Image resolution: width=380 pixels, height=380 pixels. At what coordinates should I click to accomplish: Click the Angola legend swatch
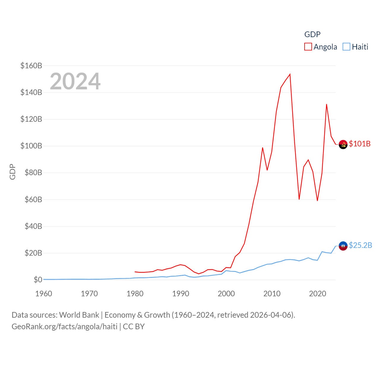pyautogui.click(x=308, y=47)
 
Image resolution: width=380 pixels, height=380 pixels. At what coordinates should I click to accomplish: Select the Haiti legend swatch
pyautogui.click(x=346, y=47)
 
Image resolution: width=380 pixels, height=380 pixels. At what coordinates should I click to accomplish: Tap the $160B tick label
pyautogui.click(x=31, y=66)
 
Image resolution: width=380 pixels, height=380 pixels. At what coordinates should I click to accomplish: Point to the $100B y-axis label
pyautogui.click(x=31, y=146)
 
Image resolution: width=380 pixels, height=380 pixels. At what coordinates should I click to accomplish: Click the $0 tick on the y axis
pyautogui.click(x=38, y=280)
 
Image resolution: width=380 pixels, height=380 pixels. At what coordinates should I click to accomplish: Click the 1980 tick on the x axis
pyautogui.click(x=135, y=294)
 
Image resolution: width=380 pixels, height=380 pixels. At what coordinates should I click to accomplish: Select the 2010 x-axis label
pyautogui.click(x=272, y=294)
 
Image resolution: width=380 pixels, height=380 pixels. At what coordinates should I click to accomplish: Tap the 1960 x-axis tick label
pyautogui.click(x=44, y=294)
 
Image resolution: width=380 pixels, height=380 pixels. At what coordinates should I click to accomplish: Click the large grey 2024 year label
pyautogui.click(x=75, y=81)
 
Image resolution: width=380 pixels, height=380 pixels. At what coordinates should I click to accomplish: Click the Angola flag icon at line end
pyautogui.click(x=343, y=144)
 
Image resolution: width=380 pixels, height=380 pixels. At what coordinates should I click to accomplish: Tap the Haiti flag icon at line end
pyautogui.click(x=343, y=246)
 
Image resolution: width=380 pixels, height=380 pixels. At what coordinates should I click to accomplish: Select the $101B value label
pyautogui.click(x=360, y=144)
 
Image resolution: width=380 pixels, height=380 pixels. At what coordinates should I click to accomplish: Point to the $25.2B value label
pyautogui.click(x=360, y=245)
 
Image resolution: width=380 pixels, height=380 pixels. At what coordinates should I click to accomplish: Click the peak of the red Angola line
pyautogui.click(x=290, y=74)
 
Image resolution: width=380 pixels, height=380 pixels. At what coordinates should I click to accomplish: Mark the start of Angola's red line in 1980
pyautogui.click(x=135, y=272)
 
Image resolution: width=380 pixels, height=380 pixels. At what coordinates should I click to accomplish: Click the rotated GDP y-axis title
pyautogui.click(x=12, y=172)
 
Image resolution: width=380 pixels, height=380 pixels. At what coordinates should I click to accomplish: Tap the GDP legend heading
pyautogui.click(x=312, y=34)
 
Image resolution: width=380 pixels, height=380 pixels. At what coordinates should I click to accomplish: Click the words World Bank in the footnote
pyautogui.click(x=79, y=315)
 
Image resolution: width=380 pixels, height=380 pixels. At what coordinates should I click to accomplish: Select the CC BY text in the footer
pyautogui.click(x=134, y=327)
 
